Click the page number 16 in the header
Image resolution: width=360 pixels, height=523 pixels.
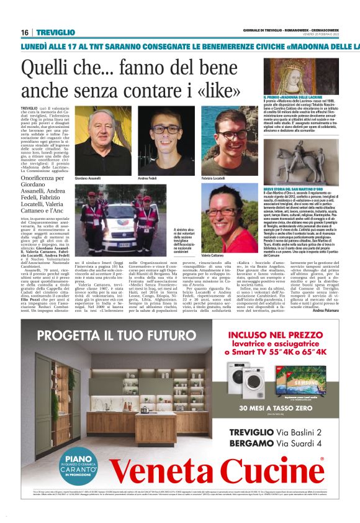[x=24, y=32]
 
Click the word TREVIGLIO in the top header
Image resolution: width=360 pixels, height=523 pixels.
[x=56, y=32]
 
